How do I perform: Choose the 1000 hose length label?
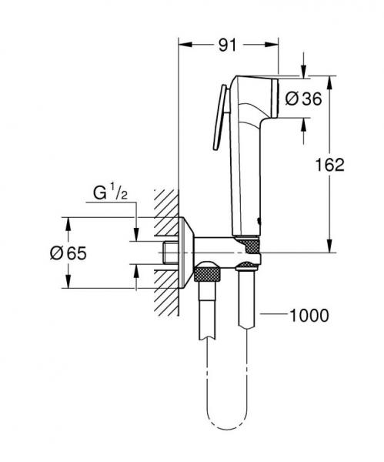pos(310,314)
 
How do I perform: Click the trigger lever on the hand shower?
pos(219,115)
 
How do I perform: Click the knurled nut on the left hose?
pos(207,274)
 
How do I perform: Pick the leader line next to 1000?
pos(273,314)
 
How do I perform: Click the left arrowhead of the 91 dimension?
pos(182,45)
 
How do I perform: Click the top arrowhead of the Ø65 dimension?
pos(68,223)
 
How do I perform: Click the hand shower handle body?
pos(244,177)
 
